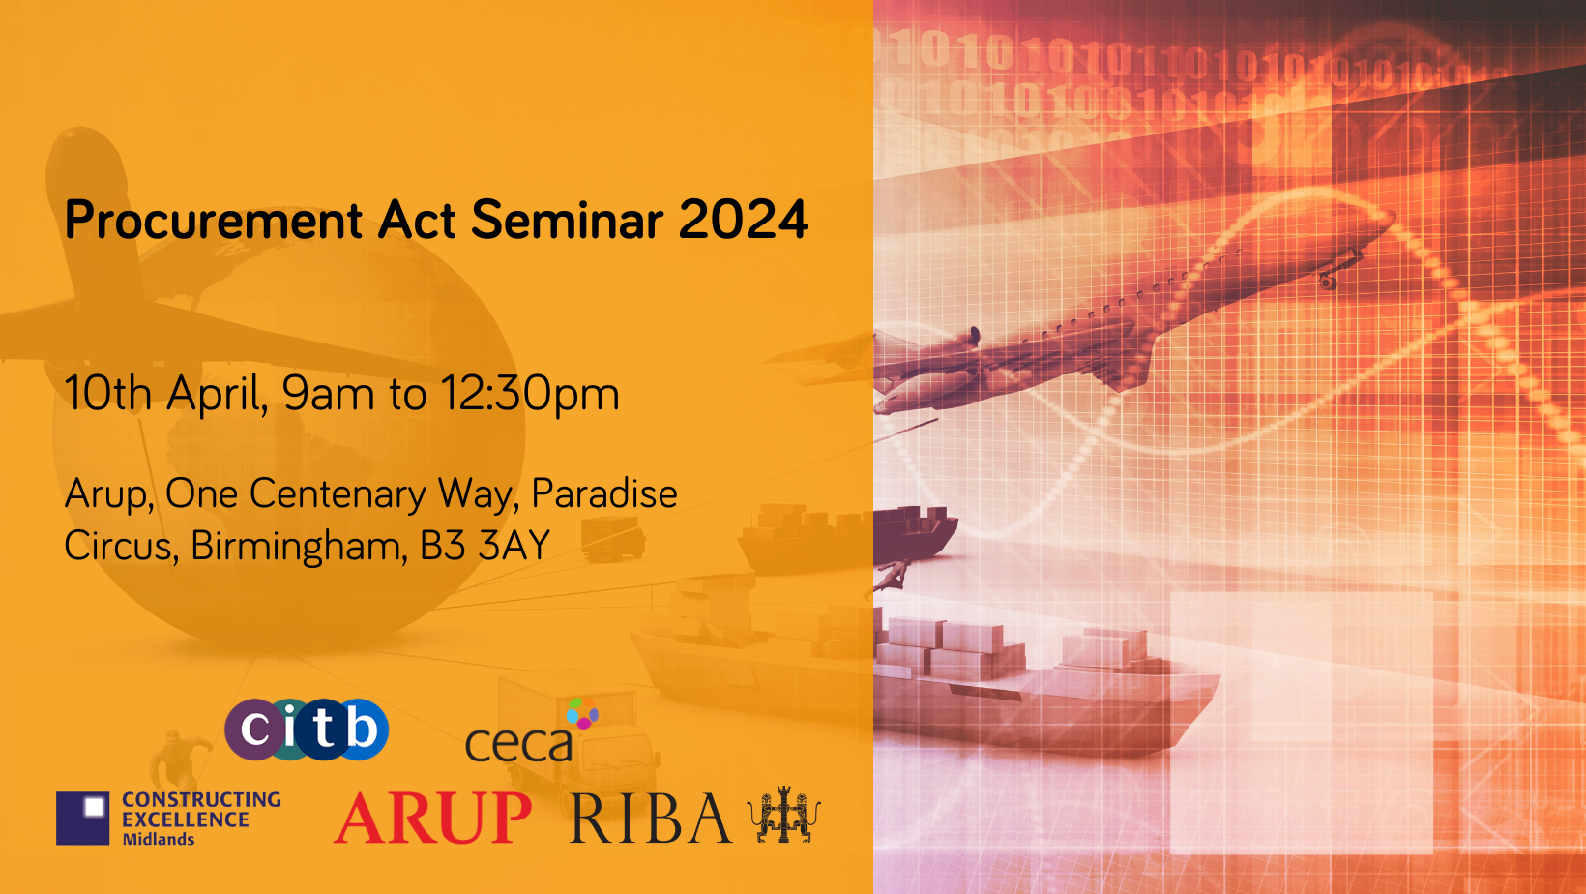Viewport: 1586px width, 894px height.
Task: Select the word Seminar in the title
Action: [x=568, y=220]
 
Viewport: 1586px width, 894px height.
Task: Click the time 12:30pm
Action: [x=529, y=394]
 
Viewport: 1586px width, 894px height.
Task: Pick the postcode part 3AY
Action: [x=514, y=546]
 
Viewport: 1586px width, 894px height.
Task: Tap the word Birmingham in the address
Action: [x=298, y=547]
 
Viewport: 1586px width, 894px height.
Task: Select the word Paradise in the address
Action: [x=604, y=493]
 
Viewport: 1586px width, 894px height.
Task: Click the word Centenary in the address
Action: [x=337, y=494]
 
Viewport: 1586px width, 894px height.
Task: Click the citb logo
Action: [x=307, y=729]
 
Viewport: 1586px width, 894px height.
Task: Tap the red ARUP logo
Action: [x=433, y=819]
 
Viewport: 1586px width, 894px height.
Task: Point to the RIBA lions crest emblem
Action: [x=784, y=815]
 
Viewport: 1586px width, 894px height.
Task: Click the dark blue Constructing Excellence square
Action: [x=82, y=819]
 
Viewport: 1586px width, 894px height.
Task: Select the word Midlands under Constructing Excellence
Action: [x=159, y=840]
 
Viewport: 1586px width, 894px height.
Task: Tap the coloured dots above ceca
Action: [x=582, y=714]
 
